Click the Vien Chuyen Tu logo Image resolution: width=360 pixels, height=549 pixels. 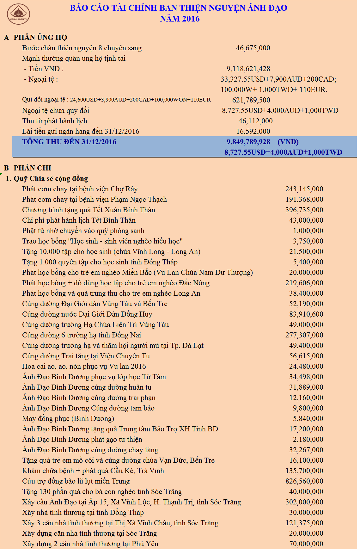tap(18, 14)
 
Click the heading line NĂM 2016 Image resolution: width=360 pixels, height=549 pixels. tap(180, 19)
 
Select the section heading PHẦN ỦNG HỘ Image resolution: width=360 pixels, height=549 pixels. tap(40, 37)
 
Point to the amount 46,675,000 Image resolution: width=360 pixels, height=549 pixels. tap(253, 48)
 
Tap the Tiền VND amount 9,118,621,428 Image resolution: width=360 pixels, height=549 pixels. tap(248, 69)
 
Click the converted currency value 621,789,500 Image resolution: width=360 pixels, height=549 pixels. tap(251, 100)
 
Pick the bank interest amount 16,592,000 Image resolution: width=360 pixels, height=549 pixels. tap(253, 132)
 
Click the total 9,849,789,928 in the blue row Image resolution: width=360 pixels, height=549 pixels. tap(248, 142)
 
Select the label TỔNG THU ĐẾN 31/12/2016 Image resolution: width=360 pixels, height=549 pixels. tap(69, 142)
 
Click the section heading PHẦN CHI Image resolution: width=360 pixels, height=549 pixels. tap(32, 168)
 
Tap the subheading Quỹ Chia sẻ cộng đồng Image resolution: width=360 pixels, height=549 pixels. tap(51, 179)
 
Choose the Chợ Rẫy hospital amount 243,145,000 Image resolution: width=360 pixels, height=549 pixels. tap(304, 189)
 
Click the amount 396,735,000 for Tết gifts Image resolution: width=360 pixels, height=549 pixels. tap(304, 210)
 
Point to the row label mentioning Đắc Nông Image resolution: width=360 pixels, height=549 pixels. tap(116, 283)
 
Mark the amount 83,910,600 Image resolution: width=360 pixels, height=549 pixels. tap(306, 314)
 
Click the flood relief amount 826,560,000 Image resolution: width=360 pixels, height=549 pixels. tap(304, 481)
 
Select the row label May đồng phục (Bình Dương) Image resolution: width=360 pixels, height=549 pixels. tap(68, 419)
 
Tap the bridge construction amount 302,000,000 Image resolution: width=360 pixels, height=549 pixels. tap(304, 502)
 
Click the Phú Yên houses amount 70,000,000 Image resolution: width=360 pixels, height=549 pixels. tap(306, 544)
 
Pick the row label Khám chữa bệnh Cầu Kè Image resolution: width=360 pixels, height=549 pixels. tap(93, 471)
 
